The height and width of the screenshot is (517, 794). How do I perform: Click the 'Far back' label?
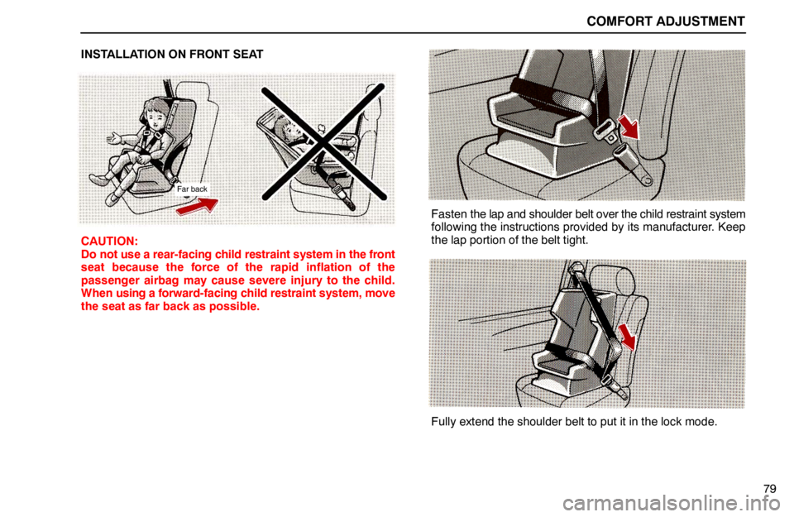click(x=193, y=189)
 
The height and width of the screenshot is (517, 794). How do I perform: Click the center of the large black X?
click(x=323, y=142)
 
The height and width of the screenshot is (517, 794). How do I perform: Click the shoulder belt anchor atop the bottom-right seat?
click(x=570, y=268)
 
